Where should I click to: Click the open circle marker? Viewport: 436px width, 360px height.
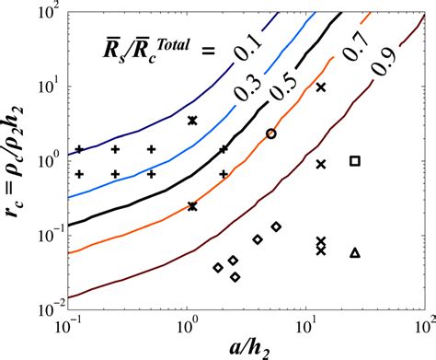270,134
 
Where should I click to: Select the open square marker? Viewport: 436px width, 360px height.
355,161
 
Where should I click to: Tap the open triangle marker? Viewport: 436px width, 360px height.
355,252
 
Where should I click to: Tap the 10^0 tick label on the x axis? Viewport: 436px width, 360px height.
189,327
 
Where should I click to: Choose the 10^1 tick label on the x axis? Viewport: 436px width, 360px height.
306,327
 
